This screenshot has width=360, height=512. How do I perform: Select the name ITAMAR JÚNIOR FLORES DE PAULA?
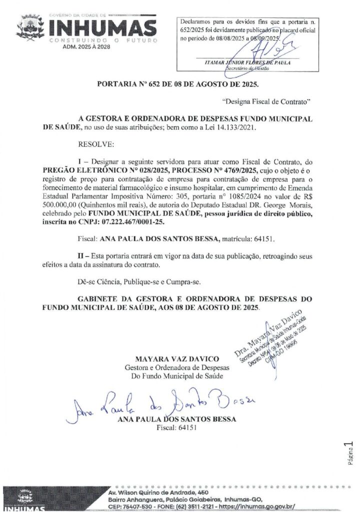click(x=247, y=63)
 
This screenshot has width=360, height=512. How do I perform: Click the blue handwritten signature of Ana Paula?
click(x=155, y=401)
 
